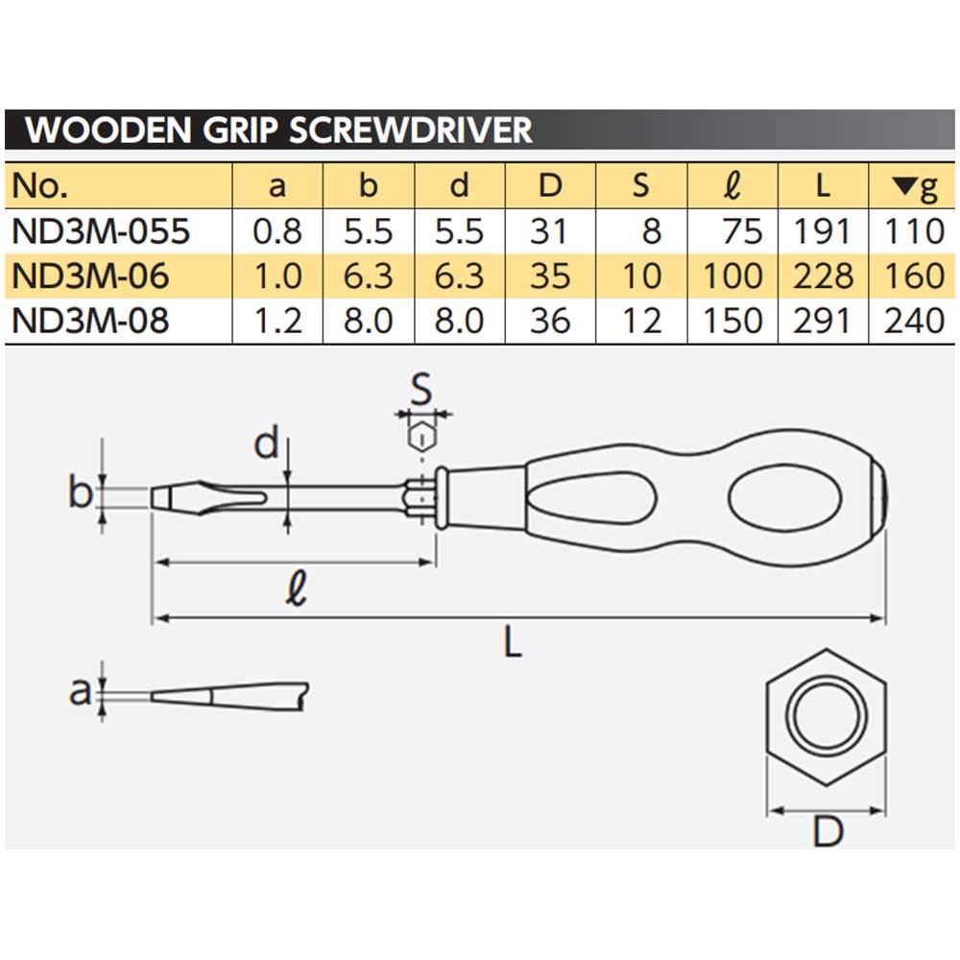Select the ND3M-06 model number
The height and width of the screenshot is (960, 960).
90,276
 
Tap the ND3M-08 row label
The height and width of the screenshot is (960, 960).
90,321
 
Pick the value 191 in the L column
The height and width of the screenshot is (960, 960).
823,231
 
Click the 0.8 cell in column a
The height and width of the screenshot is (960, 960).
277,231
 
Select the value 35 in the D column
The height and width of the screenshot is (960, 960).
550,276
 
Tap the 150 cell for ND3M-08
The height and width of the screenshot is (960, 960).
732,321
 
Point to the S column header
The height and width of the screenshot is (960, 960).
640,186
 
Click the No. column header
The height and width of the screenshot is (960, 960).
42,186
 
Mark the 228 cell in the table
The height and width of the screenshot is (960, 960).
823,276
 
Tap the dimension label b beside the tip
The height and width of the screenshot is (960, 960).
81,493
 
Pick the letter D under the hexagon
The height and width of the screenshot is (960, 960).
827,831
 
